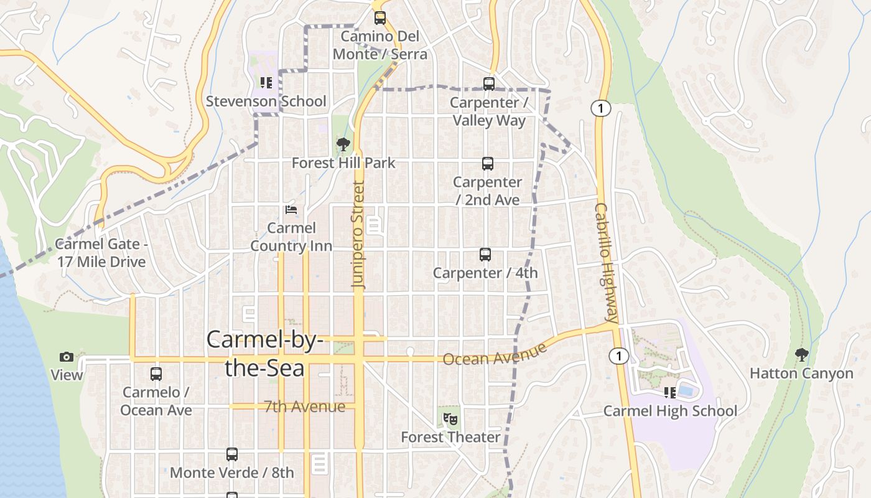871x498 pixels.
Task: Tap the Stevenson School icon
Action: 266,83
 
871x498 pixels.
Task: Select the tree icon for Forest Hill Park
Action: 343,145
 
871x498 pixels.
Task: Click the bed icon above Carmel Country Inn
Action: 291,210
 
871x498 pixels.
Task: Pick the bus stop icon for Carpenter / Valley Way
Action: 489,83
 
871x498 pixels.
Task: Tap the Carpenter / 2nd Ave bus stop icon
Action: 488,164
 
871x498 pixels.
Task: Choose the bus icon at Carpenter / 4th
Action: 485,254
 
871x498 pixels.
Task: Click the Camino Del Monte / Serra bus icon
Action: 380,18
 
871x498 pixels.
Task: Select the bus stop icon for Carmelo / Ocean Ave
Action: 156,374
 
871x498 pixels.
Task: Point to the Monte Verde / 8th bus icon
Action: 232,454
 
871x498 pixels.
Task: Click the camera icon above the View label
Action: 67,357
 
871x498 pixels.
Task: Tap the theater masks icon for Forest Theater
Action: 450,419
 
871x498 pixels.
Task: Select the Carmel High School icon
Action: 670,393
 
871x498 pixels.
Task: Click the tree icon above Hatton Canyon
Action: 801,355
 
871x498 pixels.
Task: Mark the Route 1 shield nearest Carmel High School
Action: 618,356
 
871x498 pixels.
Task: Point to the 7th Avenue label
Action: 304,406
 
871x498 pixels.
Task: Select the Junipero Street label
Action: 358,234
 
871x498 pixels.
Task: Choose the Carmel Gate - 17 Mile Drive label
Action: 101,253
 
